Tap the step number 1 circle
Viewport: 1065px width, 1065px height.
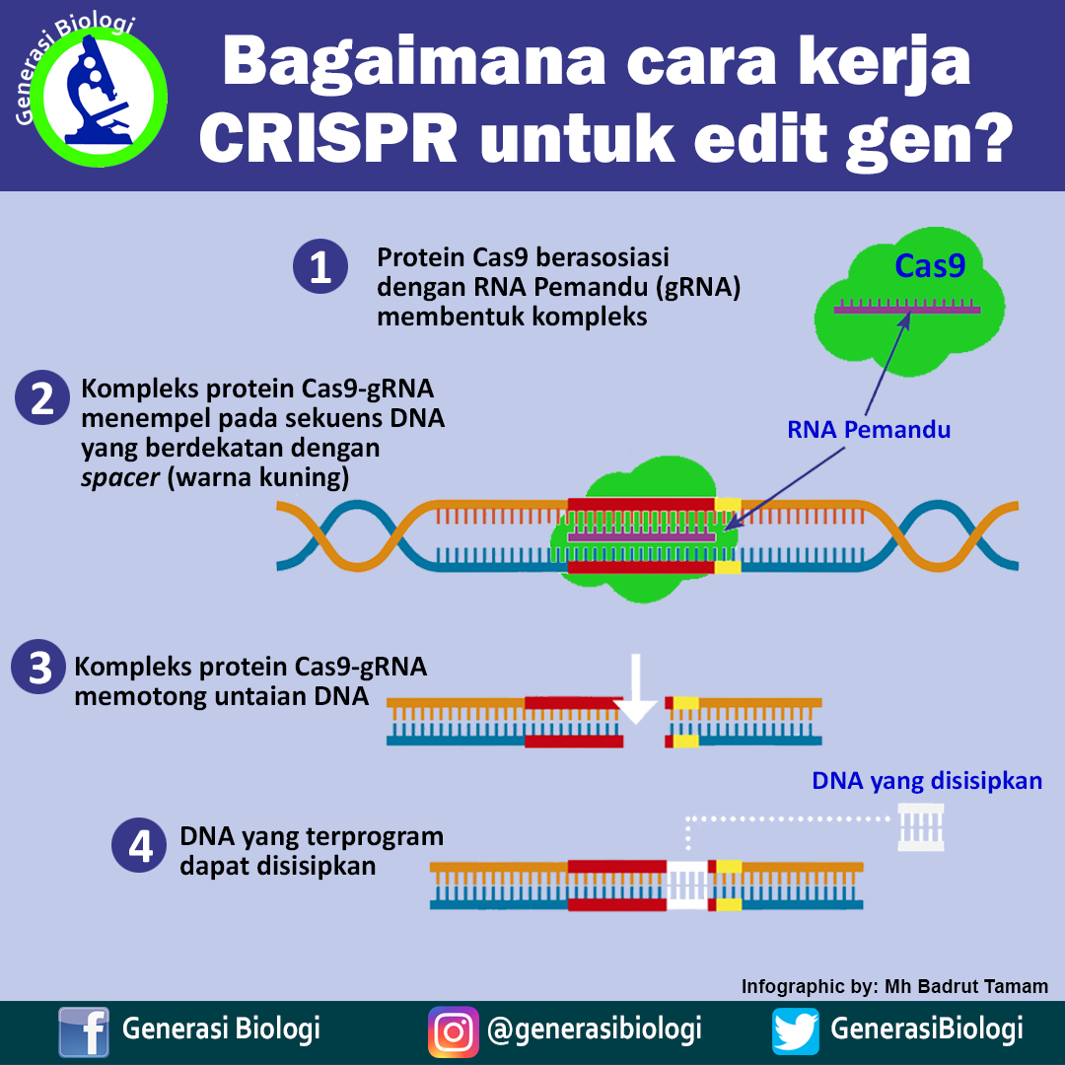[320, 268]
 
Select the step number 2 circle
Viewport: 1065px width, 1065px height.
[41, 398]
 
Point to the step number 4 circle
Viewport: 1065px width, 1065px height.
[139, 848]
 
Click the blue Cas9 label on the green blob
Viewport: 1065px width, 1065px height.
[929, 266]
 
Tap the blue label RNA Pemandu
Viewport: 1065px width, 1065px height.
[868, 430]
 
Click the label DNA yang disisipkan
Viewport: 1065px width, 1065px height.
[927, 781]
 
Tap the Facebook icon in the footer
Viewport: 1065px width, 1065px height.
[84, 1031]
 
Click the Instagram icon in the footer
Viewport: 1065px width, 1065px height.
[453, 1031]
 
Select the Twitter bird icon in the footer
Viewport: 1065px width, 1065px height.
[796, 1031]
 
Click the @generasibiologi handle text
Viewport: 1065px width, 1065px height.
[595, 1029]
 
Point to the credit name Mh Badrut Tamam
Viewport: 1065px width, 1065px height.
[966, 986]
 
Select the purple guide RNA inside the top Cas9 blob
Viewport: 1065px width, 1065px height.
[906, 310]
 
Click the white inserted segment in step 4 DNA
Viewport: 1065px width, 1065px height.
[687, 884]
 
